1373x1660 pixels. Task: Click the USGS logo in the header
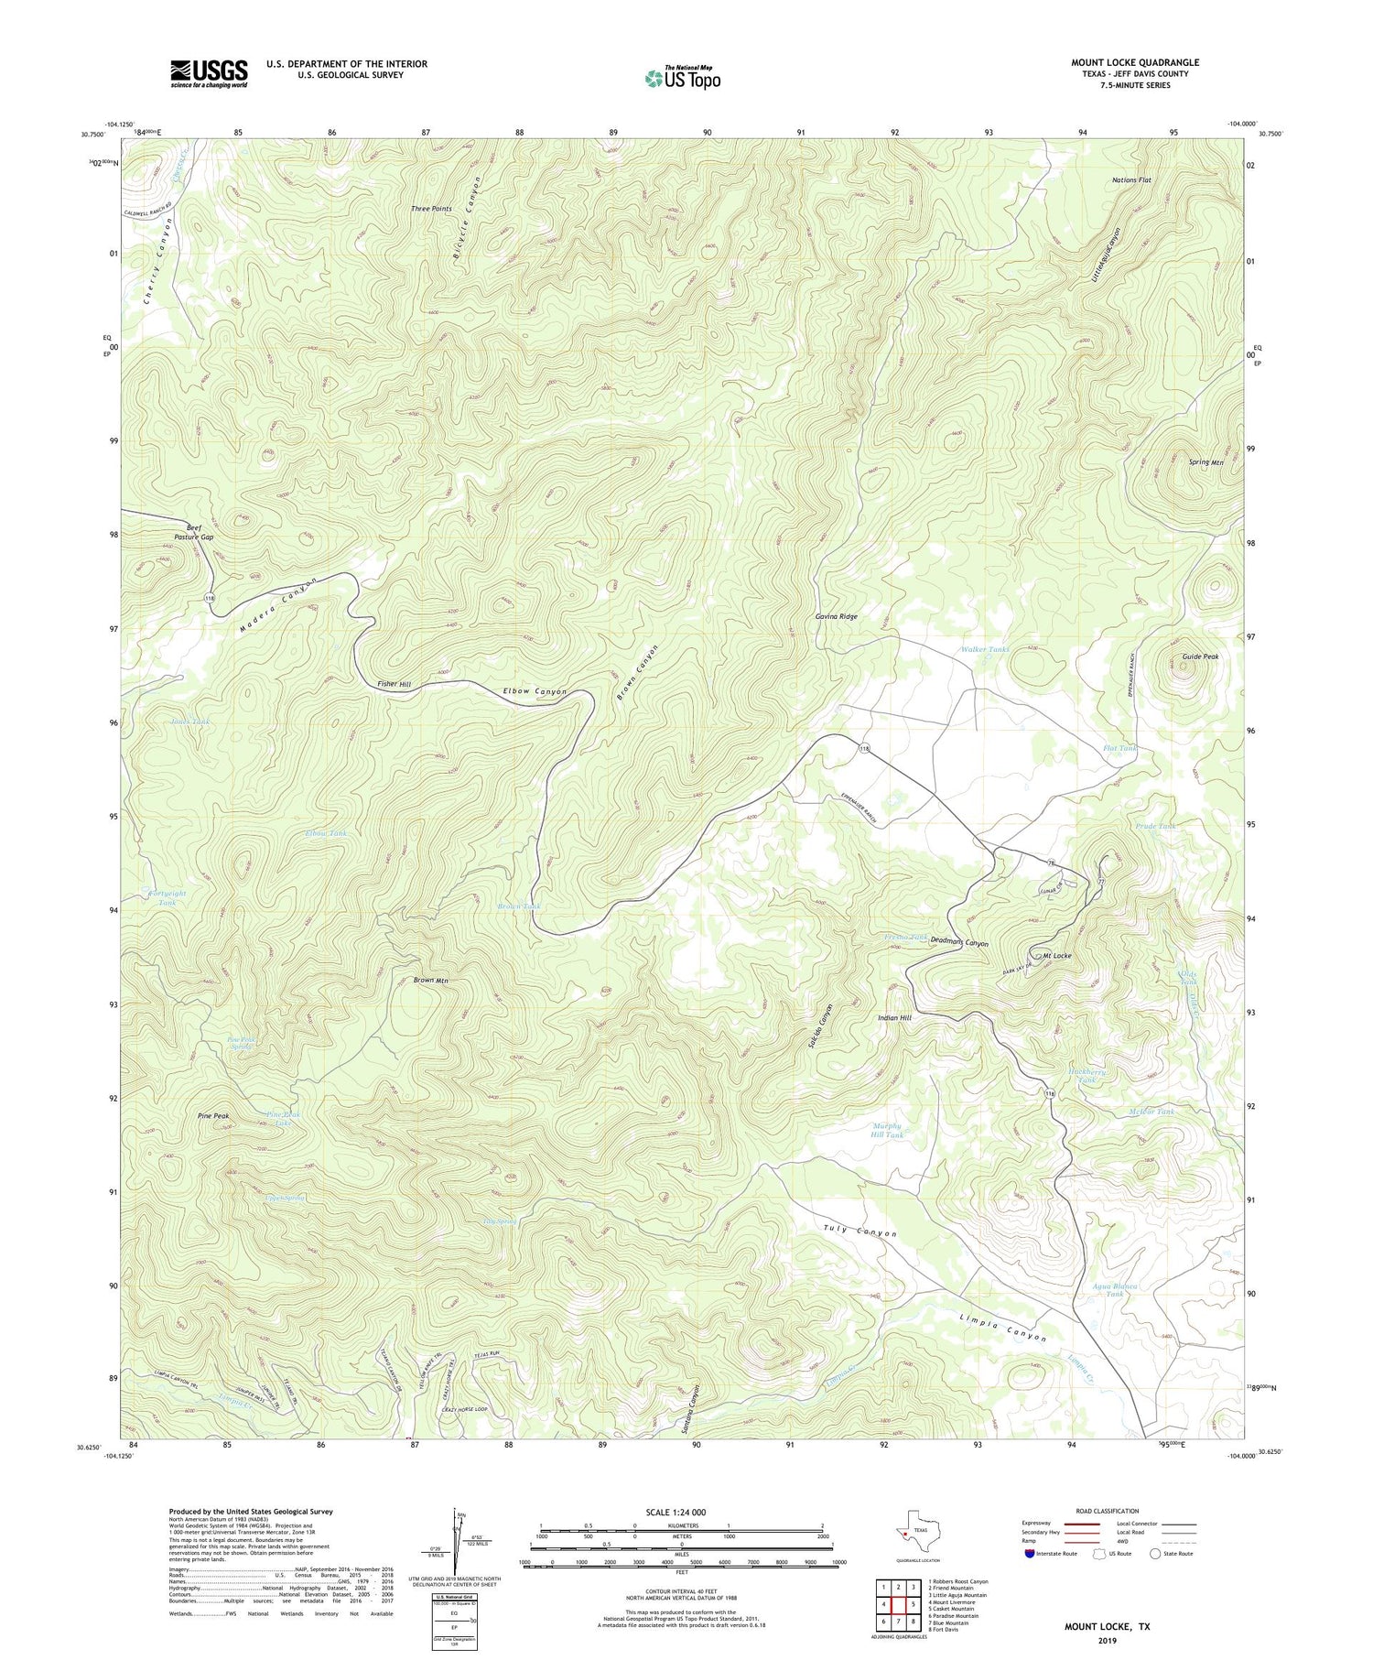point(208,73)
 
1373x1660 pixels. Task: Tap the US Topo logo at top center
point(682,79)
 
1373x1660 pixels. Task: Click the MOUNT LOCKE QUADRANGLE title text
point(1134,62)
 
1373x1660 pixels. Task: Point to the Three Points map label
point(431,209)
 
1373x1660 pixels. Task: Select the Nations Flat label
point(1131,180)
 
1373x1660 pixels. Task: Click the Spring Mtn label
point(1205,462)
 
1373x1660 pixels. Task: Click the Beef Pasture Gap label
point(193,532)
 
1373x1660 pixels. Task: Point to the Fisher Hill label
point(394,684)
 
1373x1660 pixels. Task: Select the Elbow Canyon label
point(535,691)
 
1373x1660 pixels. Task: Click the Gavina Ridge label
point(837,617)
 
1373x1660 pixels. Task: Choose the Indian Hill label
point(894,1017)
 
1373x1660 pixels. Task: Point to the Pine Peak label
point(213,1116)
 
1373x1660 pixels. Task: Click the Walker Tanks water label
point(985,649)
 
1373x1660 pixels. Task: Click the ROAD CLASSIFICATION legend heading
point(1100,1511)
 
